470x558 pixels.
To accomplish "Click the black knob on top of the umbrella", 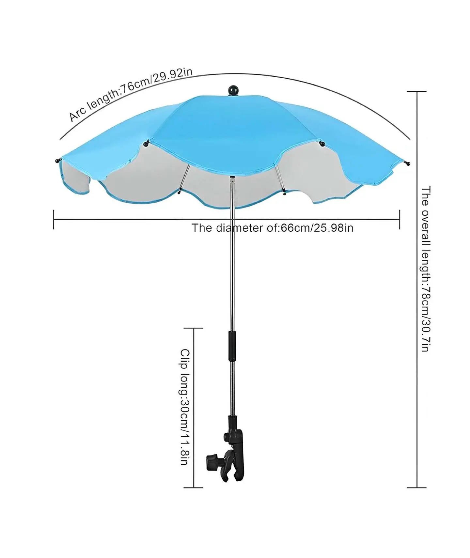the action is coord(233,90).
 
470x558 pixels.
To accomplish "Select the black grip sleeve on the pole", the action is coord(232,346).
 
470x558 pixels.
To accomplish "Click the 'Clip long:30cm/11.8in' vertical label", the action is coord(185,407).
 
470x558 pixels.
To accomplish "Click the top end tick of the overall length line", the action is coord(417,92).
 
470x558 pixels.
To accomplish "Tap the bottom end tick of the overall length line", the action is coord(417,488).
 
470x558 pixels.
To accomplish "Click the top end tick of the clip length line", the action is coord(194,328).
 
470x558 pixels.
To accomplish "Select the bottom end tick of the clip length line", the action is coord(194,488).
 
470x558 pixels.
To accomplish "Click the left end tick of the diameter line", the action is coord(54,220).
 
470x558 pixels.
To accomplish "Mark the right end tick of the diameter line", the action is coord(399,220).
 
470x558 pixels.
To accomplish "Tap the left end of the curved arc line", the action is coord(60,139).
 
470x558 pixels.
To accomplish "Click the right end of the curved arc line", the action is coord(410,139).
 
